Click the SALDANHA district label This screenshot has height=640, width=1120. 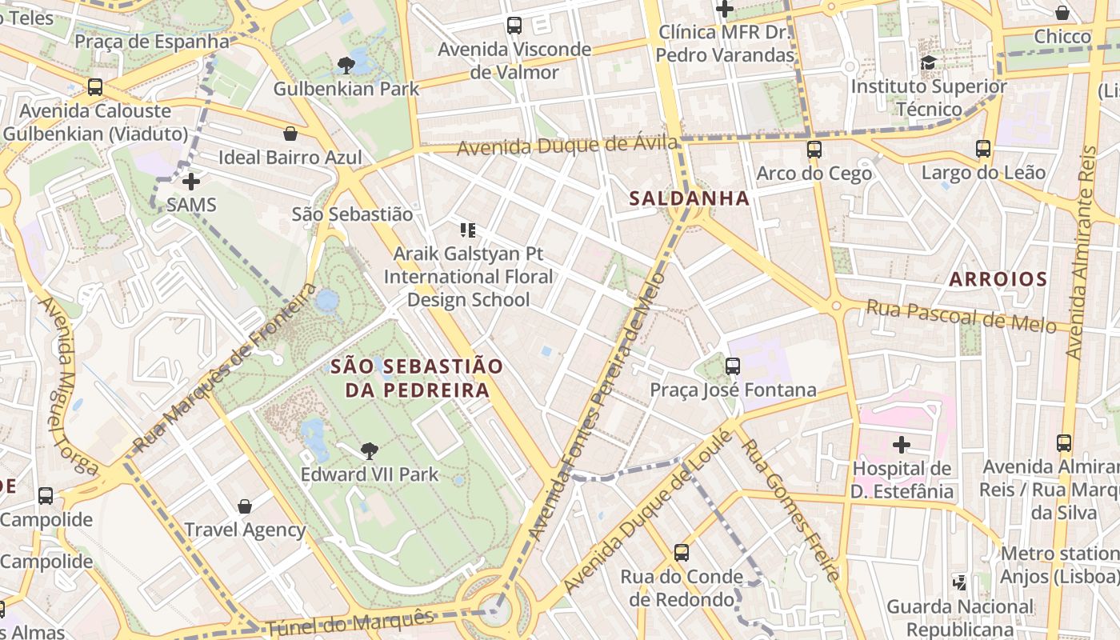coord(689,198)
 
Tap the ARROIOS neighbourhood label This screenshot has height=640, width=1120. coord(998,279)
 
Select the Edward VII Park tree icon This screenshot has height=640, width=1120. coord(369,451)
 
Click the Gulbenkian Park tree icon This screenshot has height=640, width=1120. coord(346,65)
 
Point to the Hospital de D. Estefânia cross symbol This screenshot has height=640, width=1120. coord(902,445)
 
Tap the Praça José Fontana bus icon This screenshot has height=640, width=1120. coord(732,366)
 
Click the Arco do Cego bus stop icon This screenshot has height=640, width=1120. coord(814,150)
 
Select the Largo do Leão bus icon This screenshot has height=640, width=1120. coord(982,149)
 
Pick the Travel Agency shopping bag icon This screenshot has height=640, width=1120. coord(245,506)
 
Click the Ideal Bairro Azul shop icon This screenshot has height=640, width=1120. coord(290,134)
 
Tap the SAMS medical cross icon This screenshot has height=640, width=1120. coord(190,182)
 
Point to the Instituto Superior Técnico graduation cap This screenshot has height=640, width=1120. coord(928,62)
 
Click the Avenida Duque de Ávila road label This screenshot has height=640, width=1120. coord(567,147)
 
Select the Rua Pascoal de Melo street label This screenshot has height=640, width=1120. coord(961,317)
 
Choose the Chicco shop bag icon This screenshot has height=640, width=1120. coord(1062,13)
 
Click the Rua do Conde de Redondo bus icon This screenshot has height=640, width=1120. coord(681,553)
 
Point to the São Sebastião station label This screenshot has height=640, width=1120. coord(352,214)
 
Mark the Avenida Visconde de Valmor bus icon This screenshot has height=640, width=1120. coord(514,26)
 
